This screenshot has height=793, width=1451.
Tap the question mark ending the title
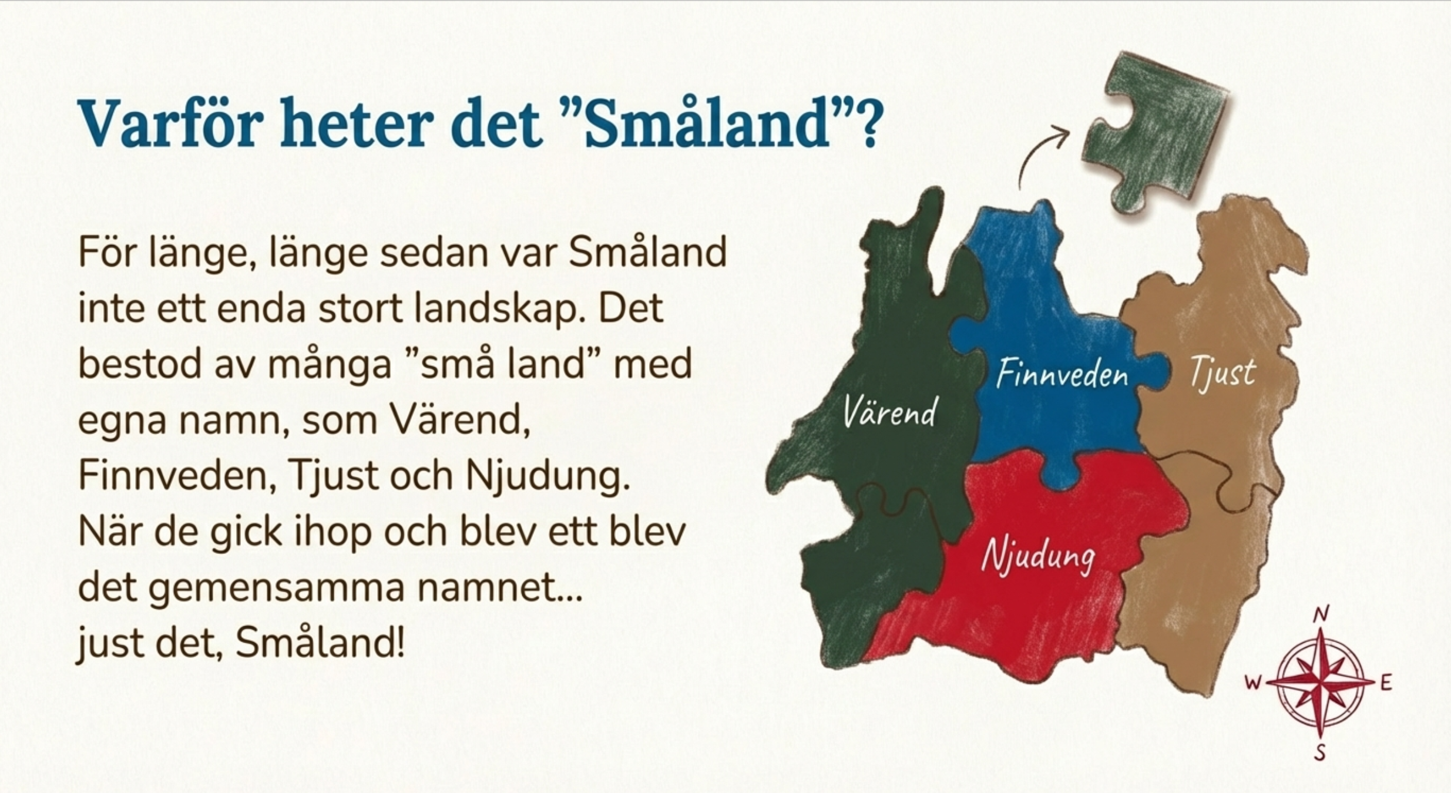point(864,123)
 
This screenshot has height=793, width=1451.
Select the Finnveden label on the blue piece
point(1062,374)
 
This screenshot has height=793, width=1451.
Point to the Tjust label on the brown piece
point(1222,372)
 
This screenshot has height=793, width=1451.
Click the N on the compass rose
point(1321,615)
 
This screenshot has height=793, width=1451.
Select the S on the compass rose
point(1319,752)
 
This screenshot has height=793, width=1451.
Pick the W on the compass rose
point(1252,683)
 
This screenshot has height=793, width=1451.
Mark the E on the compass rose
point(1386,683)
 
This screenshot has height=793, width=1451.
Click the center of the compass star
point(1320,683)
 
